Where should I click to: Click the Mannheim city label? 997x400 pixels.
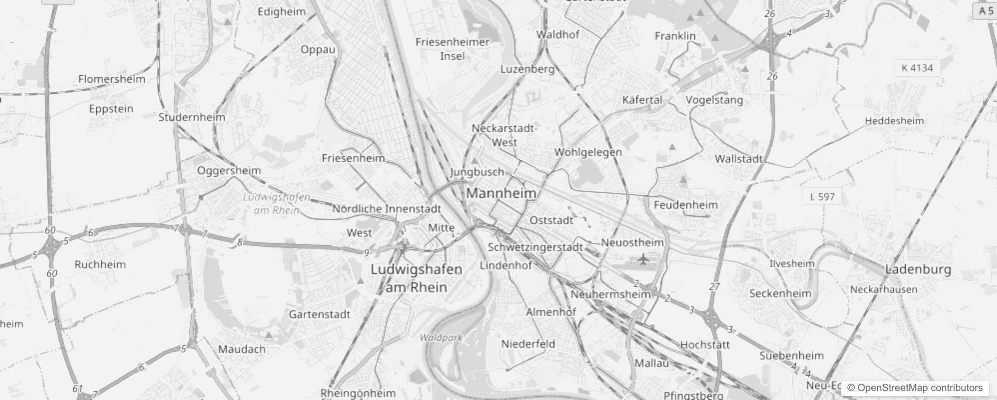tap(501, 193)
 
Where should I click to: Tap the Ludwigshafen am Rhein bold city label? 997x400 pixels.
tap(416, 278)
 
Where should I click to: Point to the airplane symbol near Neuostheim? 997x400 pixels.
tap(643, 259)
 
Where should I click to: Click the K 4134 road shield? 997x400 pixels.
tap(917, 68)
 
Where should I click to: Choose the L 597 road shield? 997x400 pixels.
tap(822, 196)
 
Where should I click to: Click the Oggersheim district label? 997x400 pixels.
tap(229, 170)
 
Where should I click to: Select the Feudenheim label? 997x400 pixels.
tap(685, 204)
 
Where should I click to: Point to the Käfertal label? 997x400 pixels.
tap(642, 99)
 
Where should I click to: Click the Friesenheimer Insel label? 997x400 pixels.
tap(452, 49)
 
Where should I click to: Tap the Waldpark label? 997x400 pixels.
tap(441, 337)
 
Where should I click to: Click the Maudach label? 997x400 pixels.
tap(242, 349)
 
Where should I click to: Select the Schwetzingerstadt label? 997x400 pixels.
tap(535, 247)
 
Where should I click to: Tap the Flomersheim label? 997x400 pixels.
tap(111, 79)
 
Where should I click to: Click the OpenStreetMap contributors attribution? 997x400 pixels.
tap(914, 387)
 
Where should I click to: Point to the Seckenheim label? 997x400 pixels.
tap(780, 293)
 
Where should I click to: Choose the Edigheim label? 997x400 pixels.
tap(281, 11)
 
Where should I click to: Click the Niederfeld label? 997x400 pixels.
tap(528, 344)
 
